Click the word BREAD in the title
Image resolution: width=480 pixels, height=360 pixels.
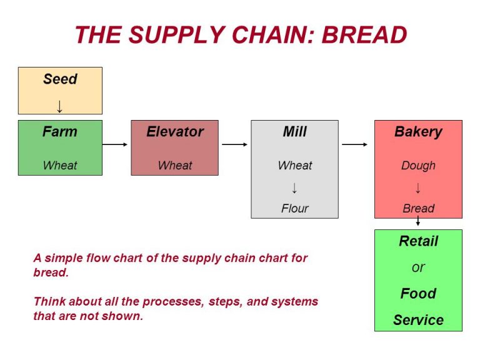tap(364, 35)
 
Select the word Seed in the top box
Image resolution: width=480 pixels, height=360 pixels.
tap(60, 79)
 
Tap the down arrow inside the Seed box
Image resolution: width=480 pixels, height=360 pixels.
tap(60, 106)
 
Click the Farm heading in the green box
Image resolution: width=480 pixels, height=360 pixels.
tap(60, 132)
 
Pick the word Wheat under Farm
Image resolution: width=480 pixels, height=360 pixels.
tap(60, 166)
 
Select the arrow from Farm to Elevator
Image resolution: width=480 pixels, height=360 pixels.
tap(116, 144)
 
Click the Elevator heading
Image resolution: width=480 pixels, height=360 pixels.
tap(175, 132)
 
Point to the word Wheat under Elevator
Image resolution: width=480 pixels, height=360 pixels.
tap(175, 166)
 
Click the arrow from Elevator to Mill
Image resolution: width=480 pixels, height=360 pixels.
tap(235, 144)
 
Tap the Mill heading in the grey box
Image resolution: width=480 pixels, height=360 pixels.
tap(294, 132)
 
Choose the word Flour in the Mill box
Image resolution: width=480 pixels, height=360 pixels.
tap(294, 208)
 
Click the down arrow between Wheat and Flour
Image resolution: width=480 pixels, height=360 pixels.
tap(294, 187)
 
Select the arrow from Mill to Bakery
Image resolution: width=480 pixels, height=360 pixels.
tap(355, 144)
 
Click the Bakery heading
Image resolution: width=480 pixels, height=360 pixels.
tap(418, 132)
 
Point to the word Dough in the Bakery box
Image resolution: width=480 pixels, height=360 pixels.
tap(418, 166)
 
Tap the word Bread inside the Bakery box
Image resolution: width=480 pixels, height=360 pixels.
tap(418, 208)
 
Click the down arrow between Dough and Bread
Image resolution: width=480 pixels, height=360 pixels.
tap(418, 187)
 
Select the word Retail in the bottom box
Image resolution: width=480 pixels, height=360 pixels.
tap(418, 241)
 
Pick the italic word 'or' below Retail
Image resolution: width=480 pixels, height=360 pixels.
tap(418, 267)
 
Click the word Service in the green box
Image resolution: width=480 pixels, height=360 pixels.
tap(418, 320)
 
